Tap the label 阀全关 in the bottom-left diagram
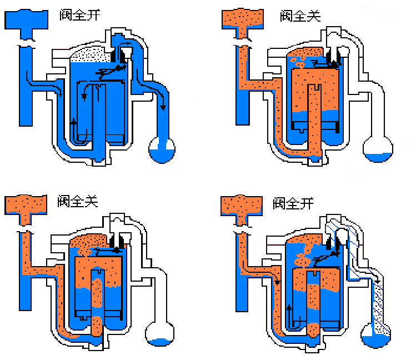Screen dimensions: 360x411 [x=78, y=201]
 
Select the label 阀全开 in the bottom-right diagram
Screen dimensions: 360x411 [x=293, y=203]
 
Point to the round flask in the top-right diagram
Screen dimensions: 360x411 [x=378, y=149]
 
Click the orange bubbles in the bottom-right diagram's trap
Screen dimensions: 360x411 [x=304, y=259]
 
